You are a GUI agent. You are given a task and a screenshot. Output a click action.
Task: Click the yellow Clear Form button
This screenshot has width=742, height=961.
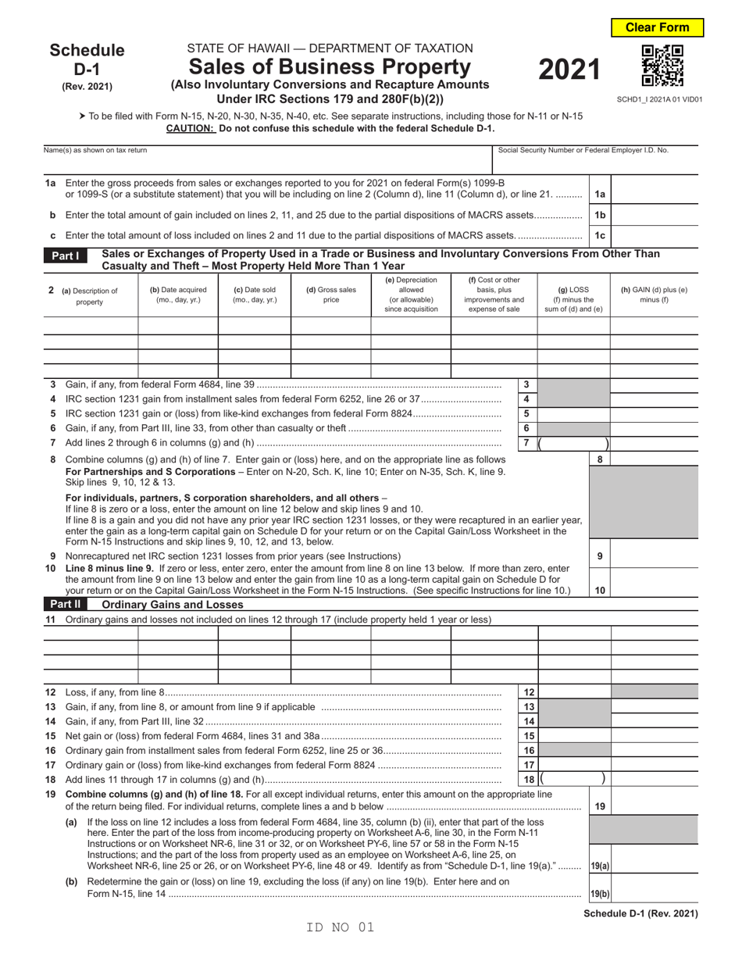pos(657,27)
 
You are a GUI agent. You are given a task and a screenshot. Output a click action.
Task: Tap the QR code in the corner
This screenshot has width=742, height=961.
pos(662,66)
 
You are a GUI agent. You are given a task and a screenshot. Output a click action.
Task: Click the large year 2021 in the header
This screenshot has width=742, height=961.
pos(569,70)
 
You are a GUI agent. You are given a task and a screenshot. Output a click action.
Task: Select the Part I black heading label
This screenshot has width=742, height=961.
pos(66,255)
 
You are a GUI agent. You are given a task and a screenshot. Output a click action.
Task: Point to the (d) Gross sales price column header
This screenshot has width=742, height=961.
pos(330,295)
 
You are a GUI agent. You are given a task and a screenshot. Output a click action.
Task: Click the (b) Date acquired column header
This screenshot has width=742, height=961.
pos(178,295)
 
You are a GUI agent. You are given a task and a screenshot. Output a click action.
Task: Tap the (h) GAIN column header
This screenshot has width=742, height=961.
pos(654,295)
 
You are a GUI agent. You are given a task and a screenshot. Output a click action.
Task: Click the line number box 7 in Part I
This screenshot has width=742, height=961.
pos(526,443)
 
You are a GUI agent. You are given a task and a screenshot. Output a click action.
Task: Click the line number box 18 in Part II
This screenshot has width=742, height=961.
pos(527,779)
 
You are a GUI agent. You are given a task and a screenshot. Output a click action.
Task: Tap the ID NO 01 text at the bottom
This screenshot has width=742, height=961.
pos(341,927)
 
